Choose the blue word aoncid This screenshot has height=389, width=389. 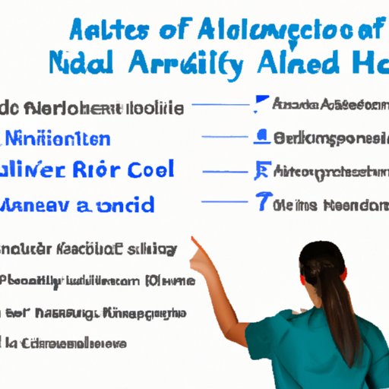click(x=115, y=204)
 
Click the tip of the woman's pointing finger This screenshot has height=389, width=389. click(x=193, y=240)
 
